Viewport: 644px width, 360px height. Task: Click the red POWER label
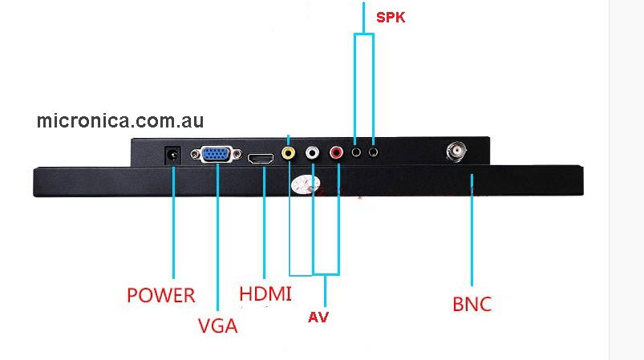[x=160, y=295]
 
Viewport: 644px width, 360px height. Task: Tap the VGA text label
[x=217, y=326]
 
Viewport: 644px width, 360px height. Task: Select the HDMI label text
[x=265, y=293]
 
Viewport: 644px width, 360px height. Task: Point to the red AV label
[x=318, y=318]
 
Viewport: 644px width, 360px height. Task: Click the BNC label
[x=472, y=305]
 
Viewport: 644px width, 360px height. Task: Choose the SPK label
[x=391, y=16]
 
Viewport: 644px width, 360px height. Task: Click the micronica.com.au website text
[x=120, y=121]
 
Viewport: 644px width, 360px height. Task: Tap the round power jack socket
[x=171, y=155]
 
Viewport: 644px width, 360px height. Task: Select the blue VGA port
[x=217, y=155]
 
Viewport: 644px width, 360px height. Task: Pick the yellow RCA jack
[x=289, y=152]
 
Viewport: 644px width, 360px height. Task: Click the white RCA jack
[x=313, y=152]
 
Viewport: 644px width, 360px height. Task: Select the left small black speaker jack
[x=355, y=149]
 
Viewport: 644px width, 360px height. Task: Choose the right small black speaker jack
[x=374, y=149]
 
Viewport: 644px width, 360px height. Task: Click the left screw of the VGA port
[x=198, y=155]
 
